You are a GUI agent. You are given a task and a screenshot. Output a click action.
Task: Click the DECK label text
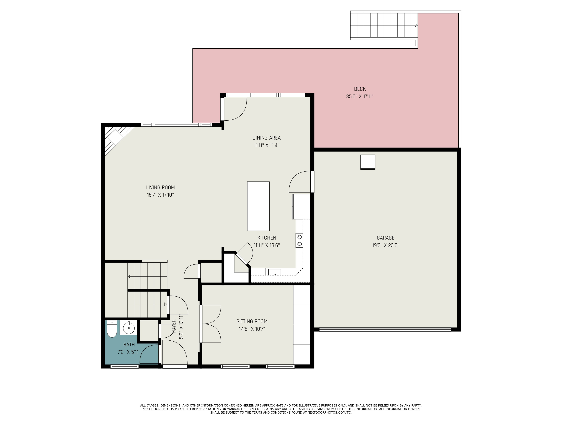click(360, 89)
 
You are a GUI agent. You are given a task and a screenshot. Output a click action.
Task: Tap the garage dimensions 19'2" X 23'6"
click(385, 245)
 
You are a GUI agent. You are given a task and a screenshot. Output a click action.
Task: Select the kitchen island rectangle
click(258, 206)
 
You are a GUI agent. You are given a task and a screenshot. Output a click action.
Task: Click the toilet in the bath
click(111, 329)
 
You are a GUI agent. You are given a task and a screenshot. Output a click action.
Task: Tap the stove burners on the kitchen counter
click(300, 241)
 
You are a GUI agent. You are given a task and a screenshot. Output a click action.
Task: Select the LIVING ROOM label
click(160, 188)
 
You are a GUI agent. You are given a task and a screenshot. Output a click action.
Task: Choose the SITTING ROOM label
click(252, 321)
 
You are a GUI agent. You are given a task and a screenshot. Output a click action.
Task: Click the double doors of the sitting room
click(211, 324)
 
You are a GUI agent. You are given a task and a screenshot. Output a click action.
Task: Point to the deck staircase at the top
click(384, 25)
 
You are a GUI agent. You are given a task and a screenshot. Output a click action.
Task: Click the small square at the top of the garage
click(368, 162)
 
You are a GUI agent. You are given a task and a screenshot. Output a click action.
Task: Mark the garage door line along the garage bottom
click(385, 329)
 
